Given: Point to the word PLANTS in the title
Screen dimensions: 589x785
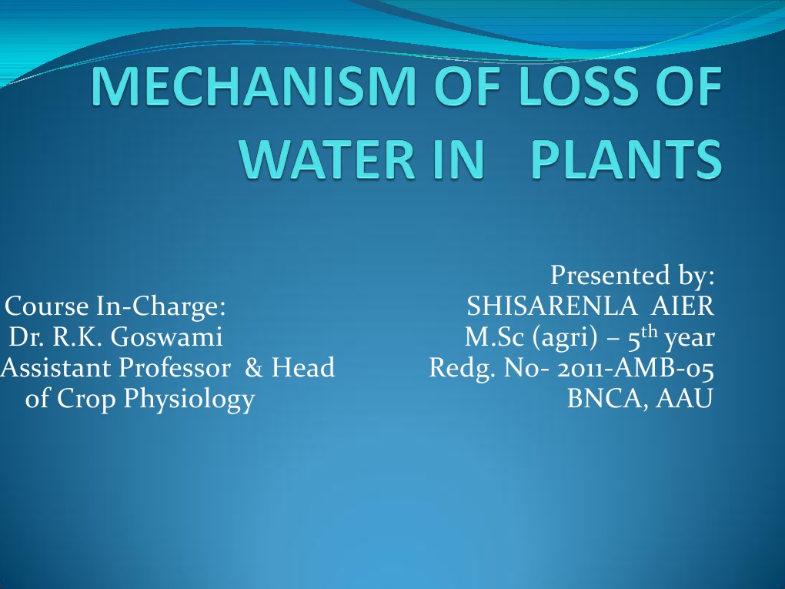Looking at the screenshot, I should tap(627, 159).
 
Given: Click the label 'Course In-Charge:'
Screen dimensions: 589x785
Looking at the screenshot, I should tap(115, 306).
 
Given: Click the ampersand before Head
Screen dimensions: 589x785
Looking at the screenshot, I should tap(253, 368).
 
